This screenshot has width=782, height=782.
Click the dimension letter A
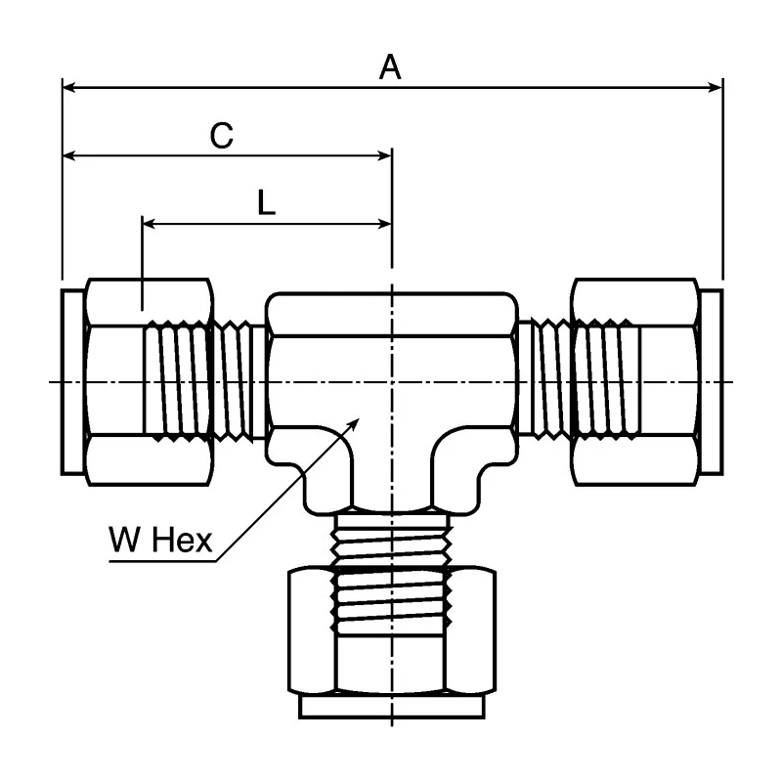tap(390, 67)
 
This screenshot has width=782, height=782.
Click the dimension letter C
tap(222, 135)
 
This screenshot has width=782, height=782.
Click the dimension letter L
tap(266, 202)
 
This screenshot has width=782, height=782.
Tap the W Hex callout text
tap(160, 540)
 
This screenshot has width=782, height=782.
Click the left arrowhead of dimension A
tap(69, 88)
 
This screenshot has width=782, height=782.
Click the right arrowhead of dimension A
tap(716, 88)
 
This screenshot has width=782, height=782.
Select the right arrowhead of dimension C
tap(385, 156)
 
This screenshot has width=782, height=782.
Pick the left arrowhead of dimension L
tap(150, 224)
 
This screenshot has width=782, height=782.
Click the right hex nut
tap(635, 382)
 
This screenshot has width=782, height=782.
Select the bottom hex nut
tap(392, 630)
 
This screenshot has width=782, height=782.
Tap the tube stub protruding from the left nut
tap(72, 382)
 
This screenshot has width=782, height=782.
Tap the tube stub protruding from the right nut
tap(712, 382)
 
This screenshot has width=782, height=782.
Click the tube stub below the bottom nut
tap(392, 706)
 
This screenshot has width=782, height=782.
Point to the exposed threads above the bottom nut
tap(392, 541)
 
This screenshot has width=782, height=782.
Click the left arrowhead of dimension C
tap(69, 156)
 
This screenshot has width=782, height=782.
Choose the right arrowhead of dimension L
tap(385, 224)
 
